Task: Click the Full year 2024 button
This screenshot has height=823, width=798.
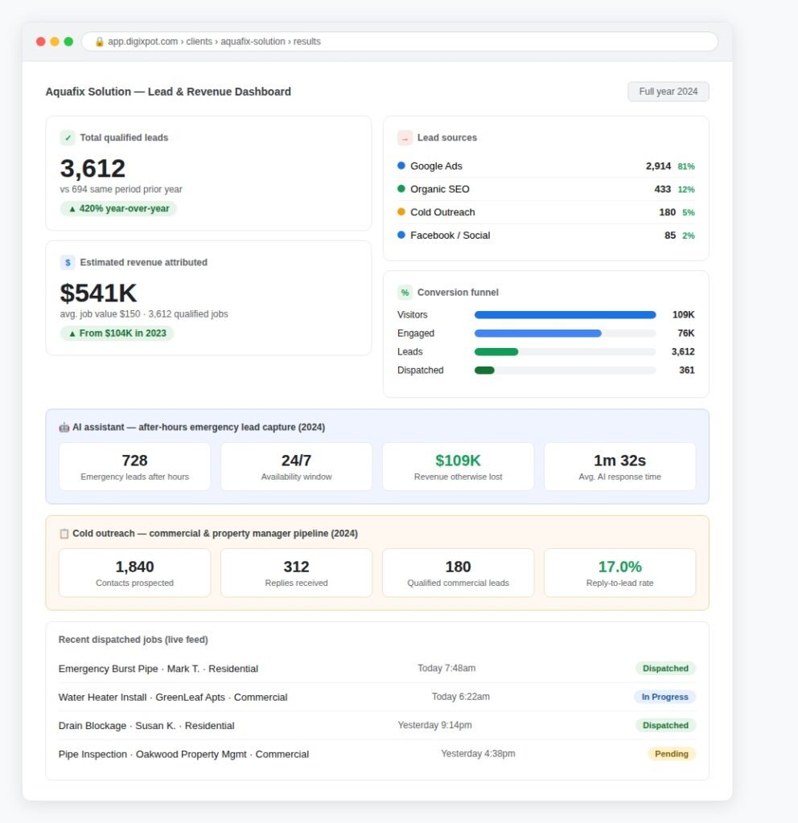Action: click(x=668, y=92)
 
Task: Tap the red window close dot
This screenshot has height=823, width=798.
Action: click(x=40, y=42)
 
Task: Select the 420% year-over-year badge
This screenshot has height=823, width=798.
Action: click(x=119, y=208)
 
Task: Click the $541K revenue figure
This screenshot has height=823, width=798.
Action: click(x=98, y=293)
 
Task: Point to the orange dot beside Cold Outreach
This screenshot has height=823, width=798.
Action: click(x=401, y=211)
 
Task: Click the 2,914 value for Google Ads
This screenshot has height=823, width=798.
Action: click(x=658, y=166)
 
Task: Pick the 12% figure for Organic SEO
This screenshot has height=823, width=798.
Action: click(x=686, y=190)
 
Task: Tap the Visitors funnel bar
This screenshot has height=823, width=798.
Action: click(x=566, y=315)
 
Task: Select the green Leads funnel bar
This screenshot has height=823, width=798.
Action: click(x=496, y=352)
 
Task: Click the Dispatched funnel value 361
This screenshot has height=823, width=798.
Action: click(x=687, y=370)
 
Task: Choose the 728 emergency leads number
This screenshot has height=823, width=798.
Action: click(x=134, y=461)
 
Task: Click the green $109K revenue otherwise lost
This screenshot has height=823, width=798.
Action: click(x=458, y=461)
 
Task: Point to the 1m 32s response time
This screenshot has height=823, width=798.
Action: click(x=620, y=461)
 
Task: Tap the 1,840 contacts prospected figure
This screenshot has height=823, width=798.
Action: click(x=134, y=567)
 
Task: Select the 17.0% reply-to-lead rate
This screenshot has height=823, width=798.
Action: click(x=620, y=567)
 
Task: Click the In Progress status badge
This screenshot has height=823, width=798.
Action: click(x=665, y=697)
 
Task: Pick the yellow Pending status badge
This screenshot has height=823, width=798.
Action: click(x=672, y=754)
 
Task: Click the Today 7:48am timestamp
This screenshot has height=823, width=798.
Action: click(x=446, y=668)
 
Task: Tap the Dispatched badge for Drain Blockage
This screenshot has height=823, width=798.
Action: click(x=665, y=726)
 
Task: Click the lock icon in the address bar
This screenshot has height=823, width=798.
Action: click(x=99, y=42)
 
